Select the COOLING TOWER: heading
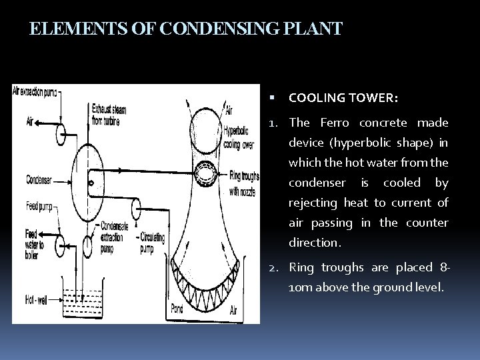(343, 98)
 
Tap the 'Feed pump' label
(39, 205)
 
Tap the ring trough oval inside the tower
(205, 175)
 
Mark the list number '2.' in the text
(274, 268)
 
